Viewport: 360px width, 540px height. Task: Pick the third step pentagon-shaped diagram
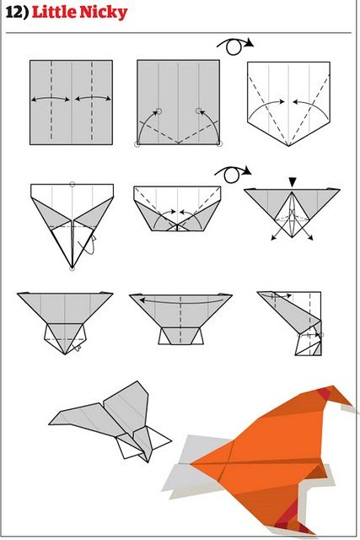(288, 101)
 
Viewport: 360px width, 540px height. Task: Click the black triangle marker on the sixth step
(292, 181)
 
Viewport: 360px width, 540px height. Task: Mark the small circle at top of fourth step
(73, 183)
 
